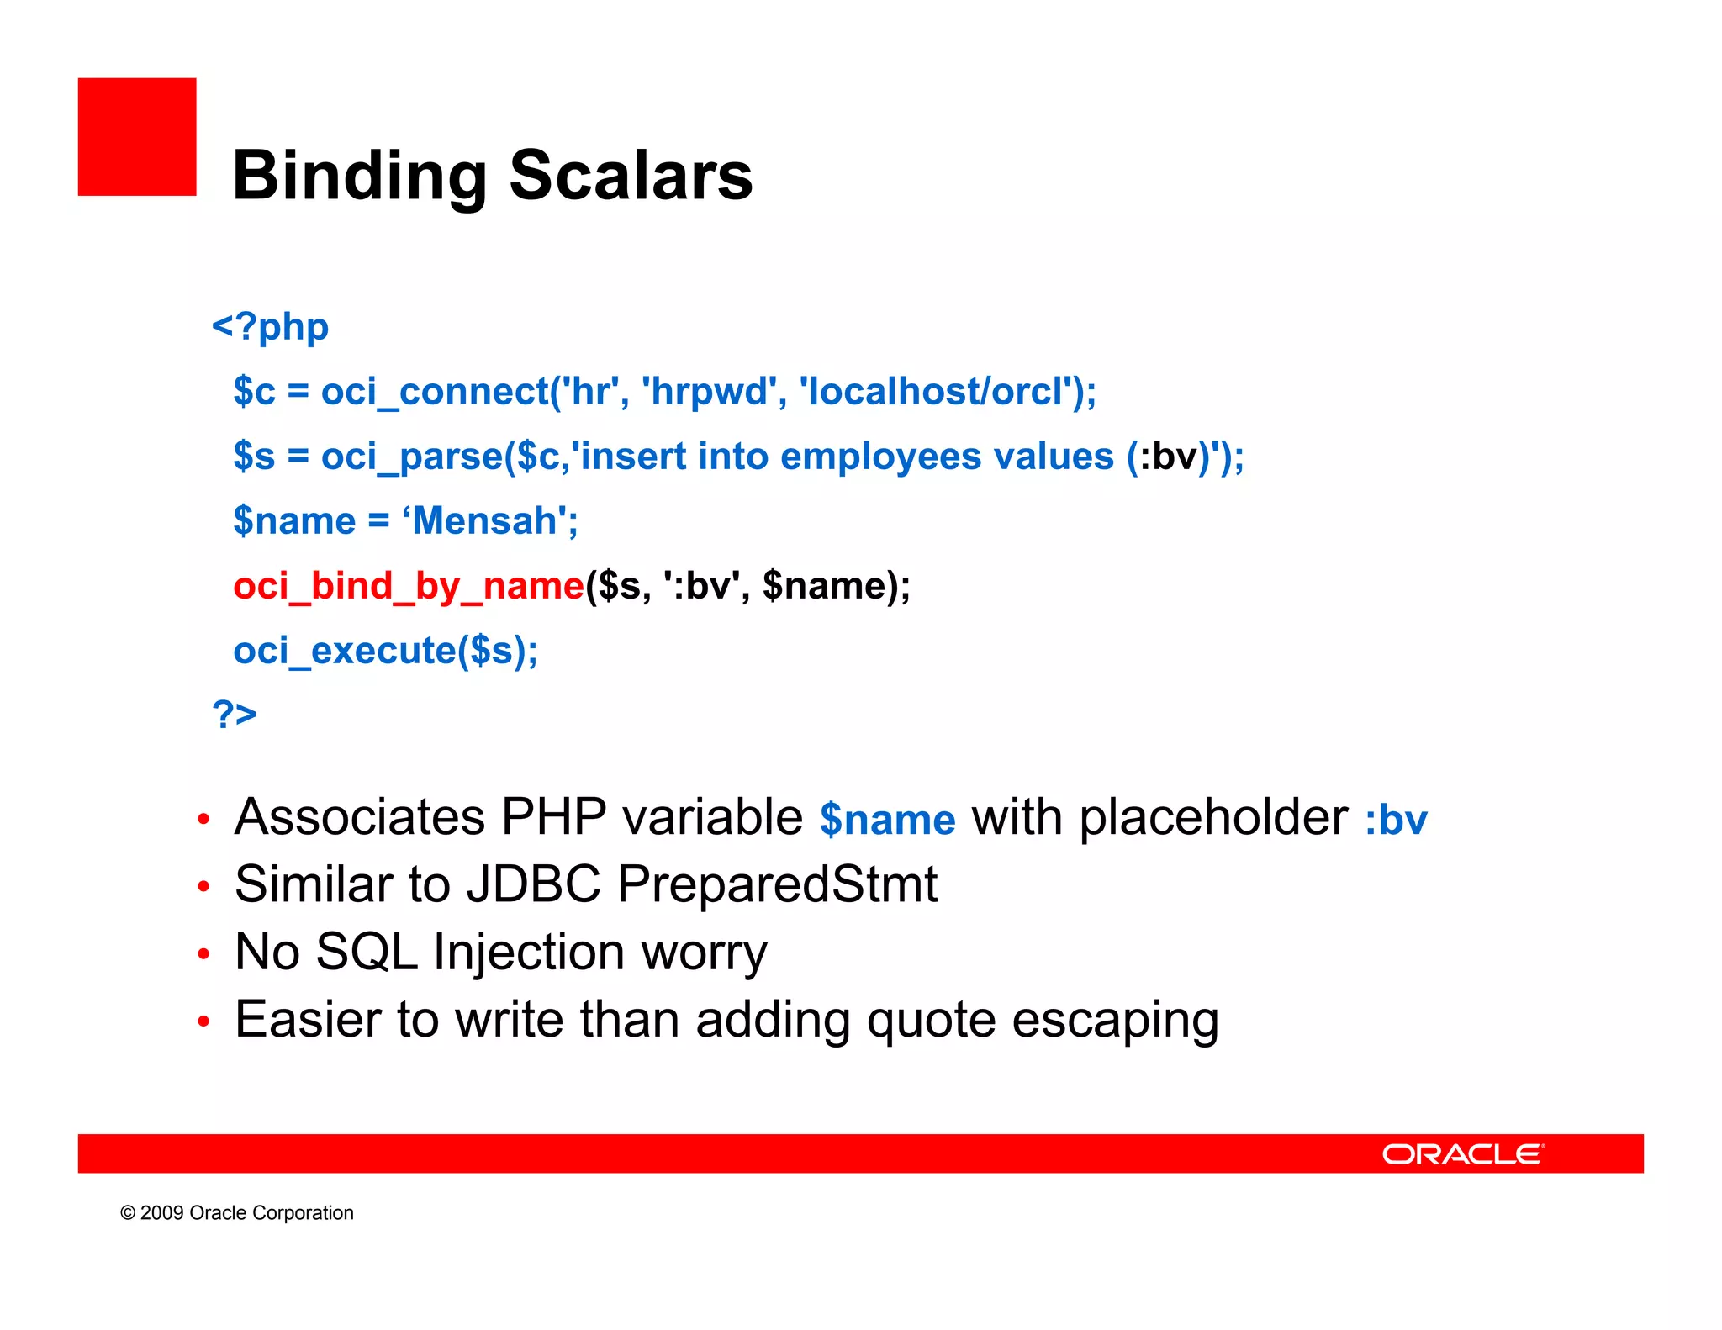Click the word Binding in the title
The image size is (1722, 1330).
[x=360, y=177]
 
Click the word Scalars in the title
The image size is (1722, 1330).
[x=631, y=177]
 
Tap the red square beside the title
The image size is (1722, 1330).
[x=137, y=137]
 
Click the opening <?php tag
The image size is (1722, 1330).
[x=270, y=326]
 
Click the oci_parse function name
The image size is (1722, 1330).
[x=410, y=457]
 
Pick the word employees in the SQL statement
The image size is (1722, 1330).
[x=880, y=457]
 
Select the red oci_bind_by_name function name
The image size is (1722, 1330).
[x=408, y=586]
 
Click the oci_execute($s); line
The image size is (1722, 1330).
[x=385, y=651]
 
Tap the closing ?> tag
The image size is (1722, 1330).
[x=235, y=714]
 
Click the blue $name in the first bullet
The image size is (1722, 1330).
[x=887, y=820]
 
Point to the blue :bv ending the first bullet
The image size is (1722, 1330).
[x=1396, y=820]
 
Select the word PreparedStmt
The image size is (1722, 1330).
[x=777, y=884]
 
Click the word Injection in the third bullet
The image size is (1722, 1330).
[x=529, y=952]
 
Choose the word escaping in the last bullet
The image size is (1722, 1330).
[x=1115, y=1020]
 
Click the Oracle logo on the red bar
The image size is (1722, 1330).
[x=1463, y=1154]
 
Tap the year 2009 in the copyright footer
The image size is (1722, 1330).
[x=161, y=1213]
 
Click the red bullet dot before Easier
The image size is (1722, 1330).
[x=203, y=1021]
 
